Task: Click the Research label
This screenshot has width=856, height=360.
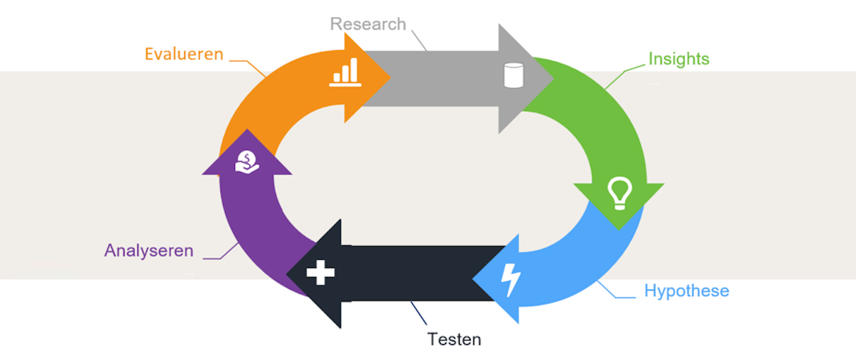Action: tap(367, 24)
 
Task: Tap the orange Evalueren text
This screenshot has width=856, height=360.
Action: tap(184, 54)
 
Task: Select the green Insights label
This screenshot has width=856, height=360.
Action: tap(678, 59)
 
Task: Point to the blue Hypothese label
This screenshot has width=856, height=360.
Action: tap(686, 291)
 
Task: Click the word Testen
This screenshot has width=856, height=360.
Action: tap(454, 340)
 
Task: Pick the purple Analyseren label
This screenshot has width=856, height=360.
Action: tap(149, 251)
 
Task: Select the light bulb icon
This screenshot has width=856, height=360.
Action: tap(618, 193)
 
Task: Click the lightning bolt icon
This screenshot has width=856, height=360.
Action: tap(510, 280)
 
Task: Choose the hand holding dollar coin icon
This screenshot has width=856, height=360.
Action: tap(247, 162)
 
